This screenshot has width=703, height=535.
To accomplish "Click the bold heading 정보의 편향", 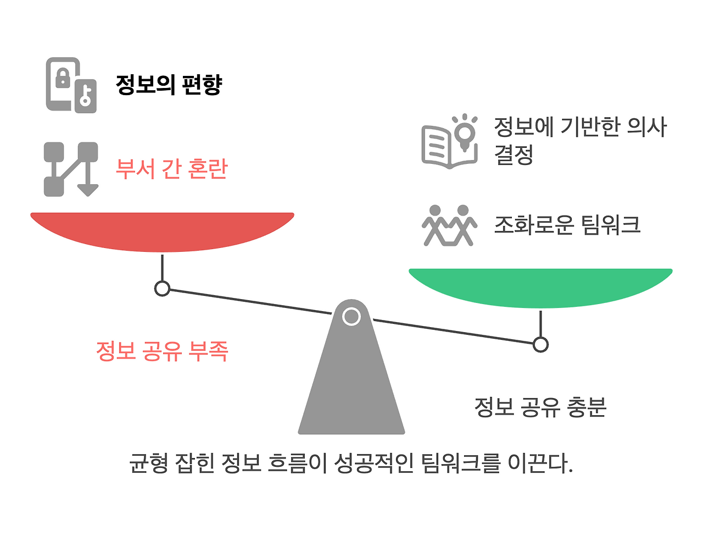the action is pos(169,85).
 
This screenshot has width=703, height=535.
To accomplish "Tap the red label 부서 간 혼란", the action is pos(171,168).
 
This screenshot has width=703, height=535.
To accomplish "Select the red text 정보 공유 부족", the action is pos(161,350).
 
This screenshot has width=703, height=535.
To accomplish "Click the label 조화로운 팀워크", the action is pos(567,224).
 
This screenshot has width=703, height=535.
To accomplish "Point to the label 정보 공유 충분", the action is pos(540,407).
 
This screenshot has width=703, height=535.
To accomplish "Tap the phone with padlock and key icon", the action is pos(71,85).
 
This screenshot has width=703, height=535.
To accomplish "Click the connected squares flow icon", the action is pos(71,169).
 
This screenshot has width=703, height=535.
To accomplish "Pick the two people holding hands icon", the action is pos(449,225).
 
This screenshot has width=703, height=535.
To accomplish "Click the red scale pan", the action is pos(162,230).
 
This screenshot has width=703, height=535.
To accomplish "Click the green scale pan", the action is pos(540,286).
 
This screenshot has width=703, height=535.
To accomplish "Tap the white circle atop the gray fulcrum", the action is pos(351,316).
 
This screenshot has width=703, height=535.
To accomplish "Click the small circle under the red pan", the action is pos(162,288).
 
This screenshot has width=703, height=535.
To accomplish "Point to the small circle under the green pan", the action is pos(540,345).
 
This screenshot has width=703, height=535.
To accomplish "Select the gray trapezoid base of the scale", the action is pos(351,385).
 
